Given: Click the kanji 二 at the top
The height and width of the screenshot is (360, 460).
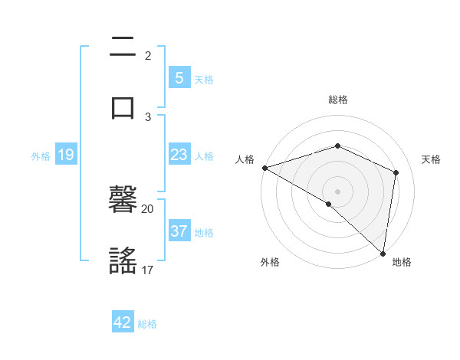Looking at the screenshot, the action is (123, 47).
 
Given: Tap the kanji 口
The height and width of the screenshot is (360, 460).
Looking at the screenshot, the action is (123, 106).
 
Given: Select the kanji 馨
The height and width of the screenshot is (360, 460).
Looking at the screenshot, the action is (123, 201).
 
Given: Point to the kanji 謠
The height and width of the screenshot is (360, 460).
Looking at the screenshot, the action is (123, 260).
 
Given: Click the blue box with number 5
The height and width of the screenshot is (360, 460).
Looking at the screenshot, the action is (179, 77).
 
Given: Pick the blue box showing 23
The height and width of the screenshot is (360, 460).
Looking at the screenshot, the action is (179, 155).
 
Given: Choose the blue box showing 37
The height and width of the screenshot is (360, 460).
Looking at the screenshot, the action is (179, 231).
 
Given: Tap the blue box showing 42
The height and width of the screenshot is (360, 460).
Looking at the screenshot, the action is (123, 322).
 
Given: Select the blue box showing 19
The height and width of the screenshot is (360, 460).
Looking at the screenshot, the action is (65, 155).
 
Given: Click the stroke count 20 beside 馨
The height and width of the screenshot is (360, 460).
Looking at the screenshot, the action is (148, 208).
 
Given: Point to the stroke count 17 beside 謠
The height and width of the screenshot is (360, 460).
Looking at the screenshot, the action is (148, 270).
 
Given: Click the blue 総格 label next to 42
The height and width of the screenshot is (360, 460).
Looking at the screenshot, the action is (147, 324).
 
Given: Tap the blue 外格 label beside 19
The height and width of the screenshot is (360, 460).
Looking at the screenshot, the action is (41, 155).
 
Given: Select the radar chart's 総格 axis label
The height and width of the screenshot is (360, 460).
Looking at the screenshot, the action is (337, 100).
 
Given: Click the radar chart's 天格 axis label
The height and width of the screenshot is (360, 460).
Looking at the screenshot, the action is (431, 159).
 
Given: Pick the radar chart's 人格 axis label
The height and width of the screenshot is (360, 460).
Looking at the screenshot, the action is (245, 159).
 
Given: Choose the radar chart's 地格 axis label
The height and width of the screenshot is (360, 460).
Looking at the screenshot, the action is (402, 263).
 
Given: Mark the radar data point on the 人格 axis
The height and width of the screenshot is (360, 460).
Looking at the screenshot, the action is (264, 167).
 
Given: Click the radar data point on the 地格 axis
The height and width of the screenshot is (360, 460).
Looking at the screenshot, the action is (383, 254).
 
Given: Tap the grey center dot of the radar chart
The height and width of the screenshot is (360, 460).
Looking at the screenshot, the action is (337, 191).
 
